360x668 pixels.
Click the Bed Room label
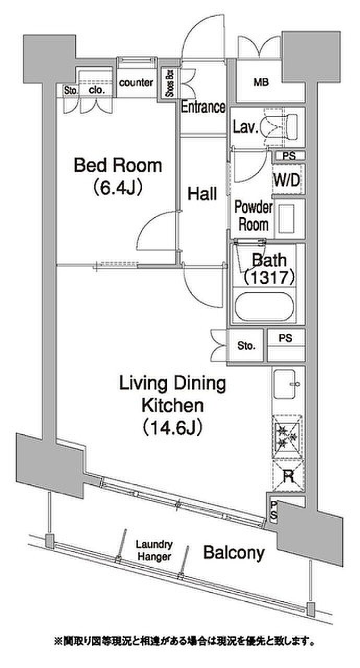[x=118, y=165]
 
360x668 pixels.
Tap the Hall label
[x=202, y=194]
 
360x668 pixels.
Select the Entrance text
[x=203, y=106]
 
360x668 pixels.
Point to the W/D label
[x=286, y=180]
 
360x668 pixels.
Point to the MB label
[x=261, y=82]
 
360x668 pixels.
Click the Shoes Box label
[x=170, y=83]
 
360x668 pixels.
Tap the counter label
[x=136, y=82]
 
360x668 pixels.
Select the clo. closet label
[x=97, y=90]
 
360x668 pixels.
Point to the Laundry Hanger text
[x=154, y=550]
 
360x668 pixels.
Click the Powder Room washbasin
[x=286, y=219]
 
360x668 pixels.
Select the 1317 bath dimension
[x=269, y=278]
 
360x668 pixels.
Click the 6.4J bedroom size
[x=118, y=188]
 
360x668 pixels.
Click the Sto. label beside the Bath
[x=246, y=346]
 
